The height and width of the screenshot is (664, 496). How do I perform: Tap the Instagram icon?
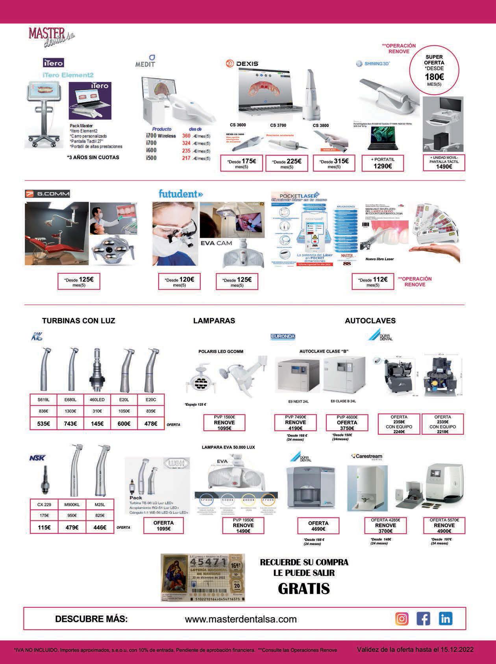pos(401,619)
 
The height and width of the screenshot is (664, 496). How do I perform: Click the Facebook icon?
pos(423,619)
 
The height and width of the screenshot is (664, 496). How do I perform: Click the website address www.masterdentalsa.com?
pos(241,619)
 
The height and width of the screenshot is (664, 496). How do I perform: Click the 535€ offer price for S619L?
pos(43,424)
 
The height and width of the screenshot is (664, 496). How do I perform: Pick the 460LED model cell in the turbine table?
pos(97,400)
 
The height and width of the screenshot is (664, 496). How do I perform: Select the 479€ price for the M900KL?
pos(72,528)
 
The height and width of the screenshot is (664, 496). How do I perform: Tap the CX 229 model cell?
pos(44,505)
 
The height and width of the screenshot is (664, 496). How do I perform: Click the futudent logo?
pos(181,194)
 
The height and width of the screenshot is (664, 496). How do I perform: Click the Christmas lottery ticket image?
pos(203,578)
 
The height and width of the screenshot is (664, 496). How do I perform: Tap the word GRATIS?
pos(304,589)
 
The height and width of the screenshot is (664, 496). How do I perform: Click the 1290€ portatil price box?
pos(383,163)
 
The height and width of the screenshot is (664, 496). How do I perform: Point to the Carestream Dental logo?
pos(366,457)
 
